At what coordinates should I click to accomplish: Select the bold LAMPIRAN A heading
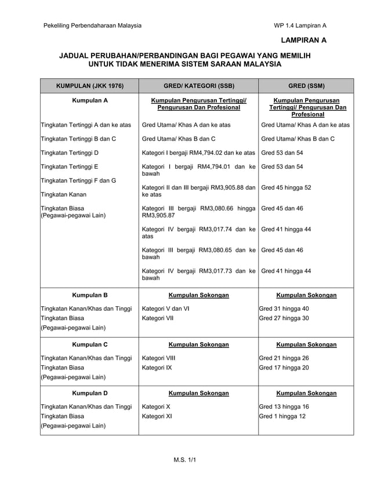[x=303, y=40]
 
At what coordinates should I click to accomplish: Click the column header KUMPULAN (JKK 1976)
[x=89, y=86]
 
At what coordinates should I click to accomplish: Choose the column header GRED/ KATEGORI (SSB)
[x=198, y=86]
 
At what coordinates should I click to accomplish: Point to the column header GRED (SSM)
[x=306, y=86]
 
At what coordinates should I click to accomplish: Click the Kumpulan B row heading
[x=89, y=295]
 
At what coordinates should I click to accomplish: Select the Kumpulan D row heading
[x=89, y=393]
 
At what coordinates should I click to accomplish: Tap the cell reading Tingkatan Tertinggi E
[x=69, y=166]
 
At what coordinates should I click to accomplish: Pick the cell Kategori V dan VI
[x=165, y=309]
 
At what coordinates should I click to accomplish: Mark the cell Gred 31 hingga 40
[x=284, y=309]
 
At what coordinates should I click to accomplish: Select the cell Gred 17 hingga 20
[x=284, y=367]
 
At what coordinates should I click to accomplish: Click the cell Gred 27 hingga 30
[x=284, y=318]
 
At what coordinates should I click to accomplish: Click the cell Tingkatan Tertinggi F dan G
[x=78, y=180]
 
